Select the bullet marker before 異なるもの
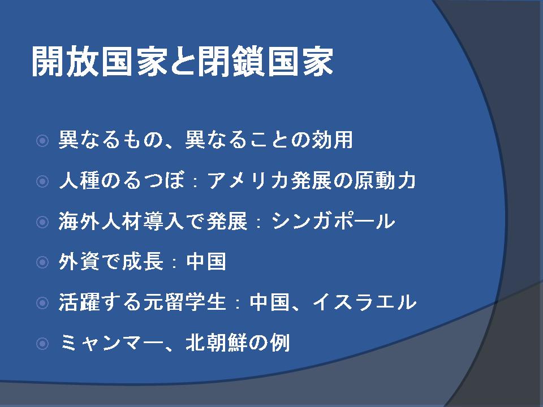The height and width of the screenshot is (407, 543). [x=42, y=141]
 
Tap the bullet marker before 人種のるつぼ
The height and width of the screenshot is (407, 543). [x=42, y=181]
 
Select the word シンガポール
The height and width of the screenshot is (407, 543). [x=333, y=221]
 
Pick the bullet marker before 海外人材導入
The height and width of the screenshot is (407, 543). [x=42, y=222]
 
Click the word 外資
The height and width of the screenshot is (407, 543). [x=79, y=261]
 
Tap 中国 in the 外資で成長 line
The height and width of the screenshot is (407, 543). [x=206, y=261]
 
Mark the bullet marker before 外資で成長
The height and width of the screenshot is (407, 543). [x=42, y=262]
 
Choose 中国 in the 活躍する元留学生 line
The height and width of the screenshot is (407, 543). [x=269, y=302]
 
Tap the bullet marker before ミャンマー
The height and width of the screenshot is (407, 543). [x=42, y=344]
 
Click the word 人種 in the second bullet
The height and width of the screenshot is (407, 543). [x=79, y=181]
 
